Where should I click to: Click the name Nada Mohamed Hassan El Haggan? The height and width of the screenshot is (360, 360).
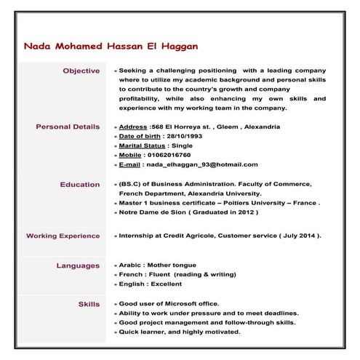tap(111, 47)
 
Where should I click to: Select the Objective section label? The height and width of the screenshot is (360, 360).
tap(81, 71)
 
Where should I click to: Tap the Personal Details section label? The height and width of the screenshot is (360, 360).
tap(68, 127)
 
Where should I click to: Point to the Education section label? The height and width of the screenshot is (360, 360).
tap(79, 185)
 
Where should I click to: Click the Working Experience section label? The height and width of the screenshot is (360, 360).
tap(63, 236)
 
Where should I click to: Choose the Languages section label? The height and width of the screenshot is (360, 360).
tap(78, 266)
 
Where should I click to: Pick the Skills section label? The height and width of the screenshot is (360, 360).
tap(89, 304)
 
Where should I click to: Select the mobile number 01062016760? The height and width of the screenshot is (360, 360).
tap(168, 155)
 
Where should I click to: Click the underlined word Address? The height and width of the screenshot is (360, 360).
tap(133, 127)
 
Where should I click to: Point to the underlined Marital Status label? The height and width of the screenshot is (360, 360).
tap(138, 145)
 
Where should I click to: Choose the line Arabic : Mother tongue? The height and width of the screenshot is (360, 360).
tap(157, 266)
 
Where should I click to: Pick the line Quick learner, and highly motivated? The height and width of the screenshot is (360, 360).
tap(179, 332)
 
